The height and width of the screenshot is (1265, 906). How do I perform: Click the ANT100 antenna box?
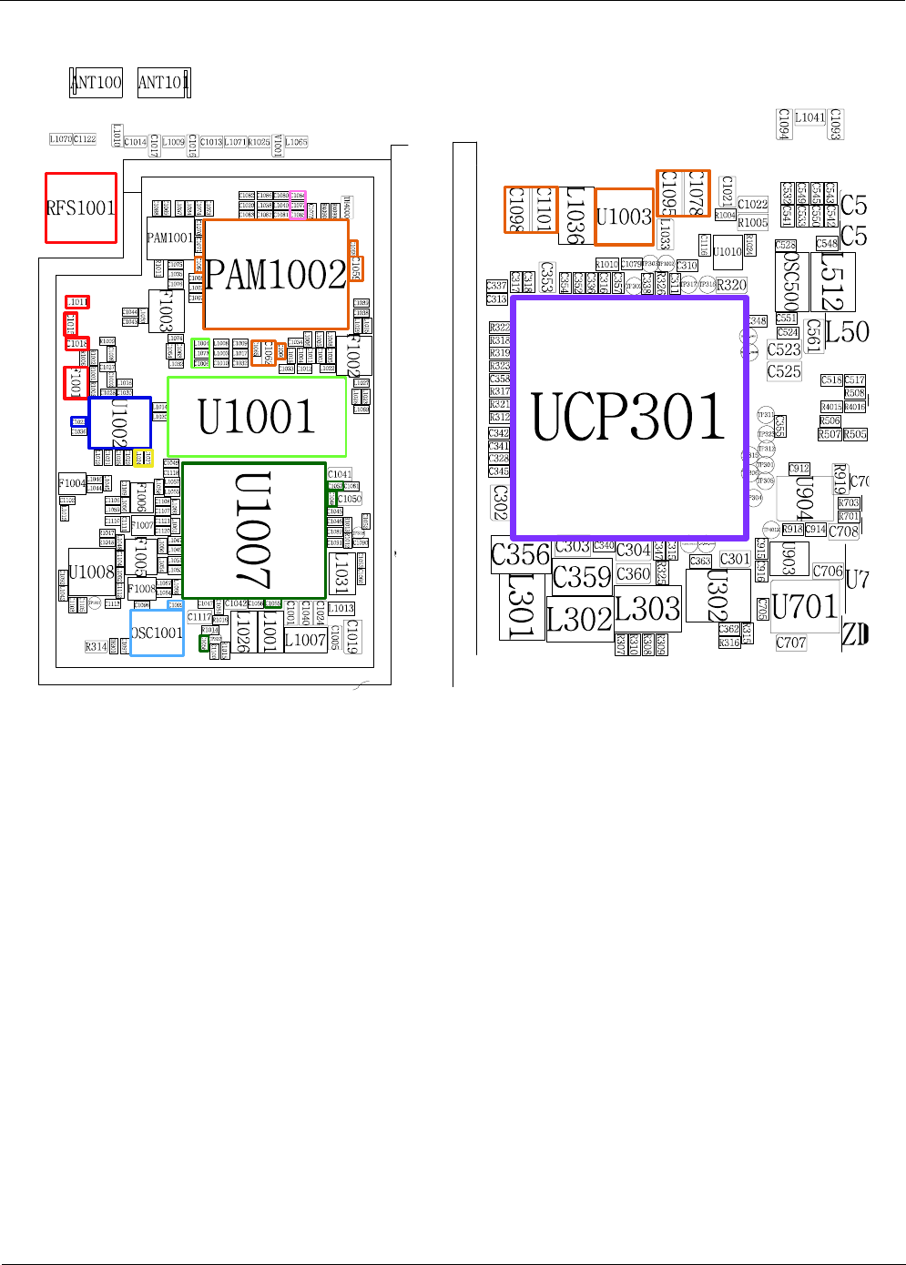click(x=97, y=83)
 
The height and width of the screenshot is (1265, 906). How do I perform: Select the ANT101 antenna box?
click(x=164, y=83)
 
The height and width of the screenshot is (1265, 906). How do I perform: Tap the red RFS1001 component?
click(x=81, y=208)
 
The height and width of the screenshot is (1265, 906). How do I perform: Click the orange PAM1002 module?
click(x=276, y=274)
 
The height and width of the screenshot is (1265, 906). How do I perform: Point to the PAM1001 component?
click(x=170, y=238)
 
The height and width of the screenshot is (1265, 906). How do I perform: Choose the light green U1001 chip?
click(x=257, y=417)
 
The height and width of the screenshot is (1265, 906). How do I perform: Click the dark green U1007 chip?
click(x=254, y=531)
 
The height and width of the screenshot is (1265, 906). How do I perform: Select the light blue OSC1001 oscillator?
click(x=157, y=632)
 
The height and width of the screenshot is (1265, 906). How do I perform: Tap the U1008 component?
click(x=92, y=572)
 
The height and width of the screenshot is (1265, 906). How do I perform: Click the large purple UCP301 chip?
click(x=629, y=418)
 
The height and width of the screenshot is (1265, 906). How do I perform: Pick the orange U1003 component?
click(x=624, y=217)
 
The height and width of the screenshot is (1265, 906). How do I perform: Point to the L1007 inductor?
click(x=305, y=640)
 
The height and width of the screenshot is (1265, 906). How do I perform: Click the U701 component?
click(x=804, y=606)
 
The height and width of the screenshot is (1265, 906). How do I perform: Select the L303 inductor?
click(x=647, y=608)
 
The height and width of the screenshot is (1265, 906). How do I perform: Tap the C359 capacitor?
click(x=582, y=577)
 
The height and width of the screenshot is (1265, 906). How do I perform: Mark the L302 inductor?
click(x=579, y=620)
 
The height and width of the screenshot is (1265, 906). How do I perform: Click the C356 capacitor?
click(x=521, y=554)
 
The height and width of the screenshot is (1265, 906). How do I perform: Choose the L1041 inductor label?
click(x=809, y=117)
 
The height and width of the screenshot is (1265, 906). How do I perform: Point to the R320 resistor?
click(x=731, y=285)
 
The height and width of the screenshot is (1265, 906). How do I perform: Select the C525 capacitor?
click(x=784, y=371)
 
